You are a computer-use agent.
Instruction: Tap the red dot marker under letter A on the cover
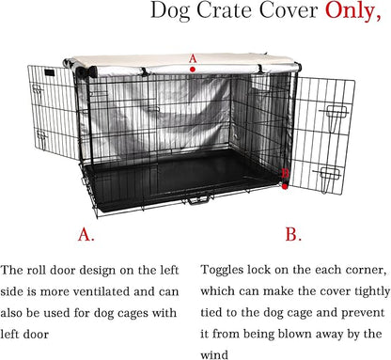coord(193,70)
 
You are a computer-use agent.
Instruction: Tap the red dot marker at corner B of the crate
coord(285,186)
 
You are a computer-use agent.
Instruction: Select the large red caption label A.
coord(86,234)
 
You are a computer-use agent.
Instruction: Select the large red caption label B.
coord(293,234)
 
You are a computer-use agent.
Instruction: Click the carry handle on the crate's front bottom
coord(198,199)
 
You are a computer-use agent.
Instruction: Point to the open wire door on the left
coord(53,112)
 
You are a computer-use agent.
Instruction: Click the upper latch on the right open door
coord(336,115)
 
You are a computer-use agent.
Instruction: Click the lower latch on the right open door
coord(327,177)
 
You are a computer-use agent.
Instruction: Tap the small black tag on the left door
coord(50,72)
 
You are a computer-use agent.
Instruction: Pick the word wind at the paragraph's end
coord(214,355)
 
